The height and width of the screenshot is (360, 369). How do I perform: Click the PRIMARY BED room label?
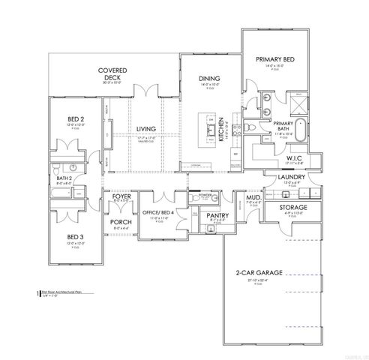(274, 59)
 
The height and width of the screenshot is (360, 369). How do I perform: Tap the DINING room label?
(209, 79)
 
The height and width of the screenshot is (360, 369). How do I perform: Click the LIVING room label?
(145, 129)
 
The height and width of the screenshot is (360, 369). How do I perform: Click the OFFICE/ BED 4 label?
(164, 213)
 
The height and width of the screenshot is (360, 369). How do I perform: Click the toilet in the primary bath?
(255, 129)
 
